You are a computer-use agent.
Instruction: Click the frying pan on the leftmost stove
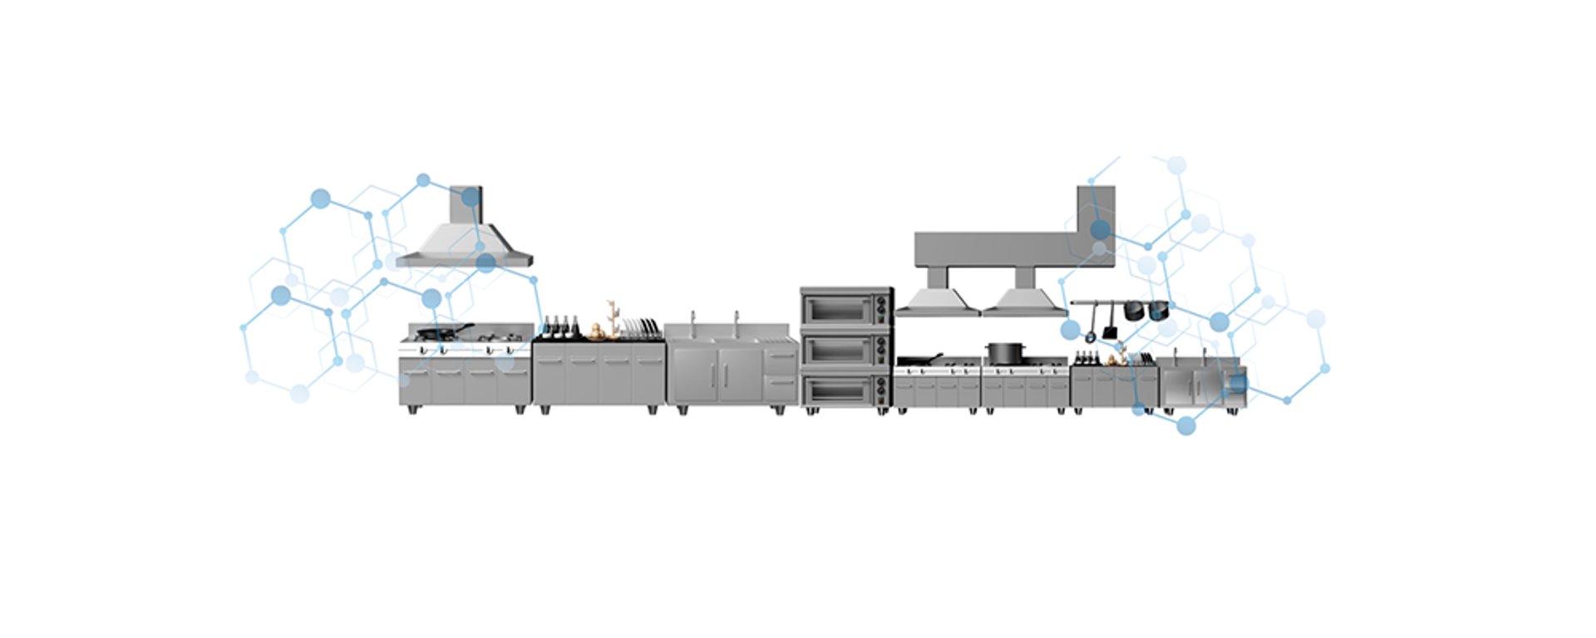(x=441, y=333)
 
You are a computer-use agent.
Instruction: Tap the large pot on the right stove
(x=1003, y=353)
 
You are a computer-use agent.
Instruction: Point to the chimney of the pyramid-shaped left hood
(x=465, y=204)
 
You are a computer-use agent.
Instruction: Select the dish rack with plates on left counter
(x=641, y=328)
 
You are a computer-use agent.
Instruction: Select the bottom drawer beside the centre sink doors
(x=781, y=383)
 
